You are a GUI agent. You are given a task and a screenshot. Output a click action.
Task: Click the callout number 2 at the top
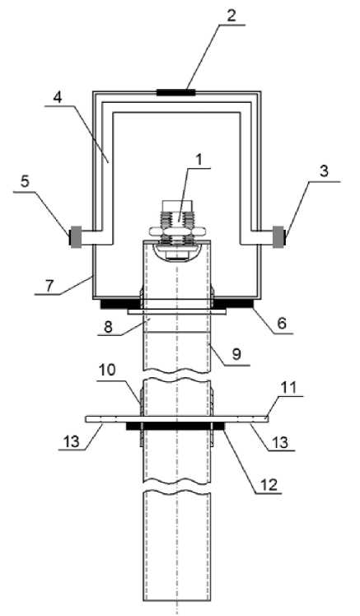coord(231,16)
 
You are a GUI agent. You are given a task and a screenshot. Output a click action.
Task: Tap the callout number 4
coord(58,97)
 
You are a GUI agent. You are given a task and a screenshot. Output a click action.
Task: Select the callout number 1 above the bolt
coord(199,160)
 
